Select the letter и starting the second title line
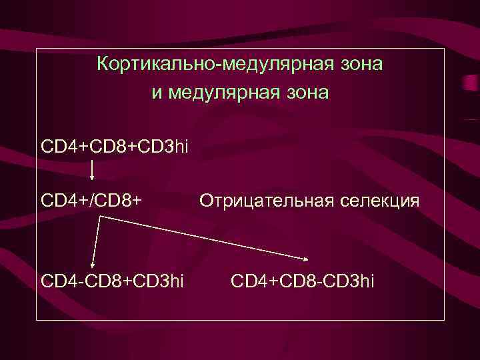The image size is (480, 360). click(156, 92)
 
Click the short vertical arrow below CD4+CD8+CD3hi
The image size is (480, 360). click(91, 169)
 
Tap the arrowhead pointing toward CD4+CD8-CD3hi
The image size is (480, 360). click(307, 259)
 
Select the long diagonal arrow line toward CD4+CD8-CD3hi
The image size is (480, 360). click(200, 240)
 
